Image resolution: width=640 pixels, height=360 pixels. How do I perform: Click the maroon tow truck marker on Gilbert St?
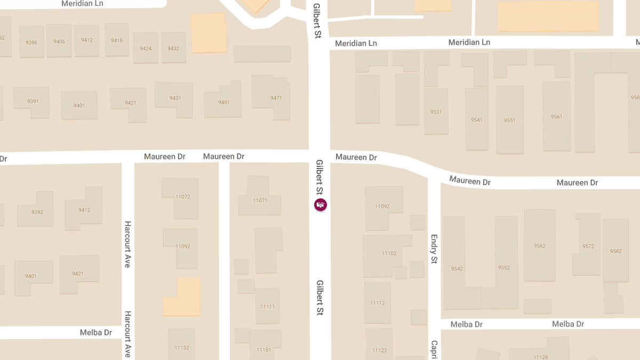coord(321,205)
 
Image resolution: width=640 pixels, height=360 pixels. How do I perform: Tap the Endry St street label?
coord(434,249)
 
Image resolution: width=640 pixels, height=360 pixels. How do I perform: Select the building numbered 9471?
coord(276,98)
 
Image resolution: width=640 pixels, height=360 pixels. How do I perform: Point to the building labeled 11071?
coord(260,201)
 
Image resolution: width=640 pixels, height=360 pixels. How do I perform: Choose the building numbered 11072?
coord(182,197)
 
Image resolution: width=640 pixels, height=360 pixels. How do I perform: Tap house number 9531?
coord(436,112)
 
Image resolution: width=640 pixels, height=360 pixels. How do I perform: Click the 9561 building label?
coord(557,117)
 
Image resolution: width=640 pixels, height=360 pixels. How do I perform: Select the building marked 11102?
coord(389,253)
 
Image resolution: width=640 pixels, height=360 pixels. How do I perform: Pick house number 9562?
coord(540,246)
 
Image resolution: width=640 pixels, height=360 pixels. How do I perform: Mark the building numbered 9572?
coord(588,246)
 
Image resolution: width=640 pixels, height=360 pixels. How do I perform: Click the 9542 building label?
coord(457,268)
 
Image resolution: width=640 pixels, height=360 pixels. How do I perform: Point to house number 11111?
coord(268,307)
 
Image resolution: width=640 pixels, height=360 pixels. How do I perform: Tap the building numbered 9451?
coord(224,102)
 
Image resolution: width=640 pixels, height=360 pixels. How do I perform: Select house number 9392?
coord(37,212)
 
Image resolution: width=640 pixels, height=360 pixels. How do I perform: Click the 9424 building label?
coord(146,49)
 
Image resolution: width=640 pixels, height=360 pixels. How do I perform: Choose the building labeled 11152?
coord(182,348)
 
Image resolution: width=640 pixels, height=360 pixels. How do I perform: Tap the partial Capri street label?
coord(434,349)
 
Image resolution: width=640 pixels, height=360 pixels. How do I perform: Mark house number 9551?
coord(510,121)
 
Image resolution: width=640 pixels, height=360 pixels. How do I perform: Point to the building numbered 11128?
coord(541,357)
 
